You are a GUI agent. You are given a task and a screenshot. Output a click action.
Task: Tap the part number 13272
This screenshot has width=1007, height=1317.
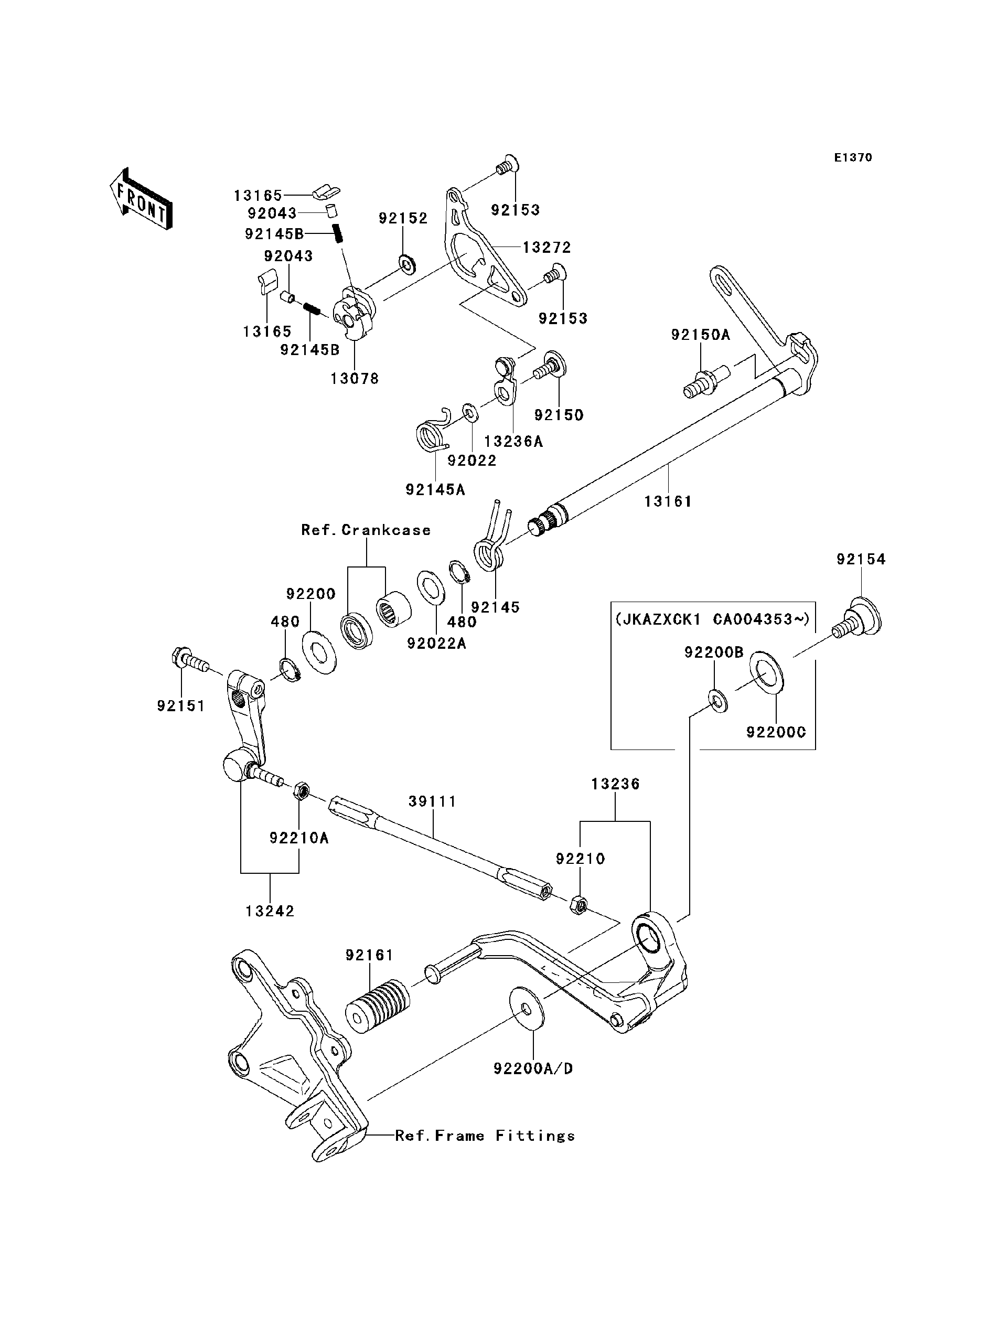coord(547,247)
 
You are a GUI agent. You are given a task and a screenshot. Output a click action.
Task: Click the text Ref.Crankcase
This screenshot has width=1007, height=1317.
coord(366,530)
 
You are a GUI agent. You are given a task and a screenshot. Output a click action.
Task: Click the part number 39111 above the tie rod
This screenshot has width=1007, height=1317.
coord(433,801)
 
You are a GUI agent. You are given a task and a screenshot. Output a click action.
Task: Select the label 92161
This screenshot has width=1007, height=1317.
coord(369,955)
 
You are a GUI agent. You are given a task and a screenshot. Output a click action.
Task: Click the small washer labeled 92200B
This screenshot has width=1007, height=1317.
coord(718,700)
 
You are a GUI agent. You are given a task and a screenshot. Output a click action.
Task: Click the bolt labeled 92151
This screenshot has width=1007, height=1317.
coord(190,662)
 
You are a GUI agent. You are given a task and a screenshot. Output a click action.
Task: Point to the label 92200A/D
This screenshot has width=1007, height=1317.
coord(533,1068)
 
